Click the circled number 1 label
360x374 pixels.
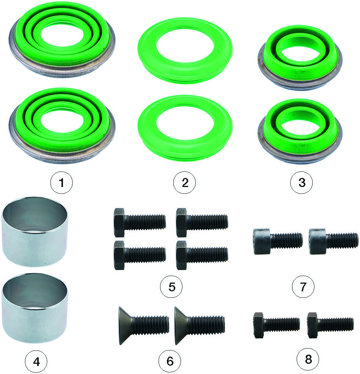61,182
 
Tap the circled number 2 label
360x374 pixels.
184,182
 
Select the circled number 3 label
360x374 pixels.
301,182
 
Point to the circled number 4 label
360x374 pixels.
36,361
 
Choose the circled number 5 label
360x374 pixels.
171,286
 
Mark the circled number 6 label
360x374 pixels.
170,361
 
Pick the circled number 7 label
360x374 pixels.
303,286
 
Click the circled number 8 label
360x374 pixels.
308,359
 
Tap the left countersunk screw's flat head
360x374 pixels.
126,326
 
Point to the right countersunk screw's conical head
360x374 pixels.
182,326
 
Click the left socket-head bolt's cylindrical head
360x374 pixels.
262,241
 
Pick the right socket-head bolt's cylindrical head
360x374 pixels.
318,241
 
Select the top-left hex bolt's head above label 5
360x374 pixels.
119,223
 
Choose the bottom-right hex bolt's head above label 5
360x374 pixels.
181,255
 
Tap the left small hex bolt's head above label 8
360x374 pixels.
258,325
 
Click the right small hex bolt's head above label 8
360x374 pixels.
312,325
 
